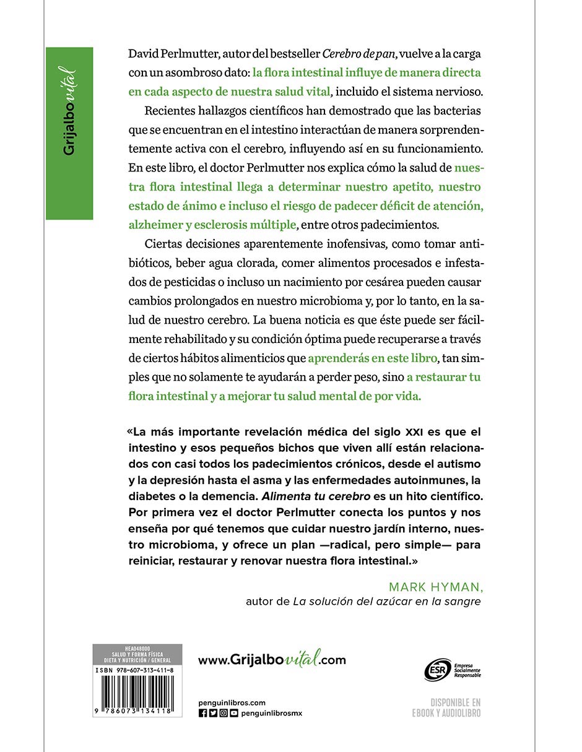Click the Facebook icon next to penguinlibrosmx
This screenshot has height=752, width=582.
coord(203,713)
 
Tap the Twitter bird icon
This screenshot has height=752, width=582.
coord(213,713)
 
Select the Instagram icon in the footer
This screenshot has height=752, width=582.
coord(224,713)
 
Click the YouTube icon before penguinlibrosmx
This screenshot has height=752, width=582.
coord(233,713)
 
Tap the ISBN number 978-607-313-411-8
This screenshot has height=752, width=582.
coord(144,670)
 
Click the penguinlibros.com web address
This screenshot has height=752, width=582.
coord(232,702)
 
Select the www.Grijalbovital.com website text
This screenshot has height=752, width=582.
coord(272,660)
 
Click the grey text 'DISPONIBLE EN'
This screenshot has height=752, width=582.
coord(456,703)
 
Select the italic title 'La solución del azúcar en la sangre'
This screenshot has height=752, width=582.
coord(386,602)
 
